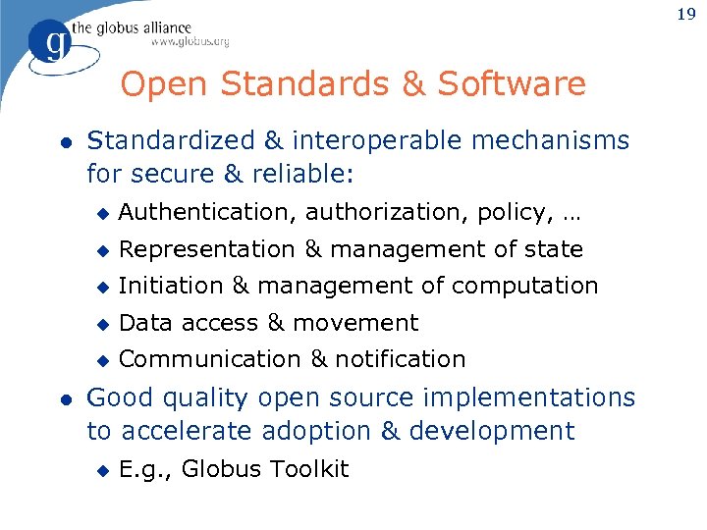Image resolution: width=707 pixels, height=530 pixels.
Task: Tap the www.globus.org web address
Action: [190, 42]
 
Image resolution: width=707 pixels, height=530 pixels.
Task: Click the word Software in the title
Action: [512, 84]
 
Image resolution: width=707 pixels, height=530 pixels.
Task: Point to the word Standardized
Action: [168, 140]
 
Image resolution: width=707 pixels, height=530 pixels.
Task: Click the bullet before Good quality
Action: [65, 398]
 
